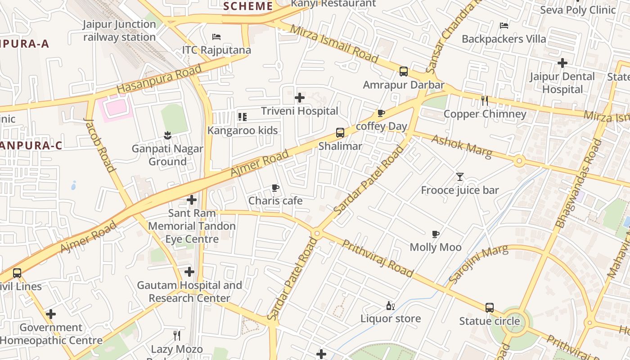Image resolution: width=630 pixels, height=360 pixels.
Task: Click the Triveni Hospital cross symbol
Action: pyautogui.click(x=300, y=98)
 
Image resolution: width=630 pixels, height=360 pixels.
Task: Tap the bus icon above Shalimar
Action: pyautogui.click(x=340, y=133)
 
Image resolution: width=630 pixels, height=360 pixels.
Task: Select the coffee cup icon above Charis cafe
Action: pyautogui.click(x=275, y=188)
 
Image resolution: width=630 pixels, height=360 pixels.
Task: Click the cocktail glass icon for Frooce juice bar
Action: pyautogui.click(x=459, y=177)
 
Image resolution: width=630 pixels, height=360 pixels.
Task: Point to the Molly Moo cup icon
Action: pyautogui.click(x=435, y=234)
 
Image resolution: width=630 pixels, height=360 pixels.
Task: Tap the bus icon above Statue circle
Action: pyautogui.click(x=490, y=308)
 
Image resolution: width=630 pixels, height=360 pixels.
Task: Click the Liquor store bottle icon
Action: pyautogui.click(x=390, y=306)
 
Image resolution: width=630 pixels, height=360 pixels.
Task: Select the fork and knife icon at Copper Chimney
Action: pyautogui.click(x=485, y=101)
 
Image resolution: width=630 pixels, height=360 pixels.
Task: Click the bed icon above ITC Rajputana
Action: pyautogui.click(x=216, y=36)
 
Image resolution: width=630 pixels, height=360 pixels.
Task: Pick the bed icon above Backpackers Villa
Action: pyautogui.click(x=504, y=26)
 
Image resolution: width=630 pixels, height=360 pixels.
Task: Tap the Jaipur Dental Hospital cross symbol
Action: pyautogui.click(x=562, y=63)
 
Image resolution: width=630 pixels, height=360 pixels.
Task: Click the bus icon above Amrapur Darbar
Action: pyautogui.click(x=404, y=72)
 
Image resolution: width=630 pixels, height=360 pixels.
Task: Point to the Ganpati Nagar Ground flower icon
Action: pyautogui.click(x=167, y=135)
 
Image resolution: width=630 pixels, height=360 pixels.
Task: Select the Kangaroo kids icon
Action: pyautogui.click(x=243, y=117)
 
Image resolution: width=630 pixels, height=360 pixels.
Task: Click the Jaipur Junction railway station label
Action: pyautogui.click(x=120, y=31)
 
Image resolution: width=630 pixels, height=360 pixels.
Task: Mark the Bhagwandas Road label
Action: pyautogui.click(x=579, y=183)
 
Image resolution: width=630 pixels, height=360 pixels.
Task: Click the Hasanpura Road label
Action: pyautogui.click(x=159, y=79)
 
